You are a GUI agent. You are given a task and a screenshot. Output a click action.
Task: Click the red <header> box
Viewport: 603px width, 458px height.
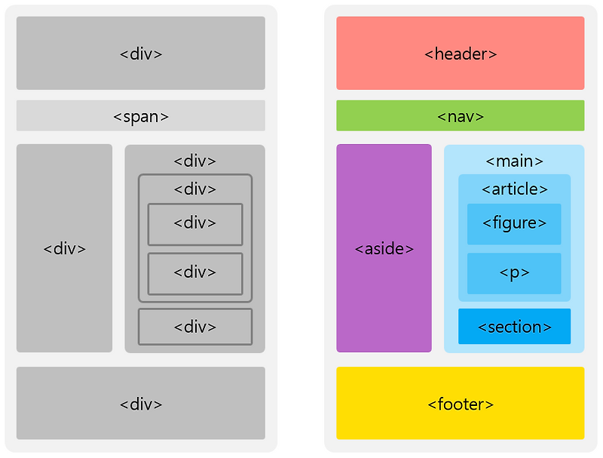coord(460,53)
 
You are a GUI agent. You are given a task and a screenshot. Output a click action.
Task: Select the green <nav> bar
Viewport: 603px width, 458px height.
coord(460,116)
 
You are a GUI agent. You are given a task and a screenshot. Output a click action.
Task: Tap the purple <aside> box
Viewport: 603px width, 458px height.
coord(384,248)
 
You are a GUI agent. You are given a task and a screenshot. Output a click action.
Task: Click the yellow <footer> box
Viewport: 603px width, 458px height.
coord(460,404)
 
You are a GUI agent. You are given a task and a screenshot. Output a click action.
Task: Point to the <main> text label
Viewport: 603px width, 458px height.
coord(514,161)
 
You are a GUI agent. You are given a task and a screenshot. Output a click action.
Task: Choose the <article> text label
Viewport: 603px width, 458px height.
coord(514,189)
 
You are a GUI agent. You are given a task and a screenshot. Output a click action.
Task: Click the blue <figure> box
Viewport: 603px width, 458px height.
coord(514,223)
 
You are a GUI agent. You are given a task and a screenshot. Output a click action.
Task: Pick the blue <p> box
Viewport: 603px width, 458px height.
coord(514,273)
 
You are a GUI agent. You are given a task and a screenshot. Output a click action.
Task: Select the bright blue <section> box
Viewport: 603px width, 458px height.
coord(514,327)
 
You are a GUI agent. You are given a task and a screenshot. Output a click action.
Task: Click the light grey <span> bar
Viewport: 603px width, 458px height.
coord(141,116)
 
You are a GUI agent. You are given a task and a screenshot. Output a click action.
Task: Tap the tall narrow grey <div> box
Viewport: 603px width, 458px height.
coord(64,248)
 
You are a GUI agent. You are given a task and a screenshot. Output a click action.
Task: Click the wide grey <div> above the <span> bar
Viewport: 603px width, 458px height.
coord(141,53)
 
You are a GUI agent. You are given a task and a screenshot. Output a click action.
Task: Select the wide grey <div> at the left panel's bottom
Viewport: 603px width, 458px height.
coord(141,404)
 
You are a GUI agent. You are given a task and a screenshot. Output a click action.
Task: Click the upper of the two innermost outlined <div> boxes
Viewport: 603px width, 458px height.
coord(194,224)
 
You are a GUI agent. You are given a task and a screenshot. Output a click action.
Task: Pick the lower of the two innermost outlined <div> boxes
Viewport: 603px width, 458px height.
coord(194,273)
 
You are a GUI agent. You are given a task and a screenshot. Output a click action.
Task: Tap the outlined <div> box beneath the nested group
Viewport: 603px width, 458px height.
coord(194,327)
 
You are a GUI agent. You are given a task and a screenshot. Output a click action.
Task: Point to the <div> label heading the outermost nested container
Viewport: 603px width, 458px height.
coord(194,161)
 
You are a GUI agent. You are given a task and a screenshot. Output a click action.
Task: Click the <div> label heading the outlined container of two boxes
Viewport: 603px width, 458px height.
coord(194,189)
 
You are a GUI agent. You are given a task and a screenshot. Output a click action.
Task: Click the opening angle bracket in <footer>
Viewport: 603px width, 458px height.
coord(432,404)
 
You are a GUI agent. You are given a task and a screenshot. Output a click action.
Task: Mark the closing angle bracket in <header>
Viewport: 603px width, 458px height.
coord(493,54)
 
